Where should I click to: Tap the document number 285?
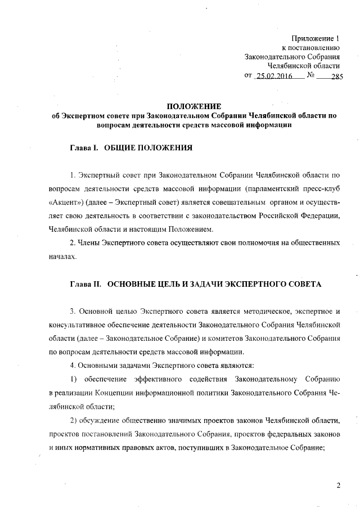[x=336, y=77]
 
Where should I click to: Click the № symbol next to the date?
[x=310, y=76]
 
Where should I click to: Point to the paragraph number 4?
[x=72, y=366]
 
